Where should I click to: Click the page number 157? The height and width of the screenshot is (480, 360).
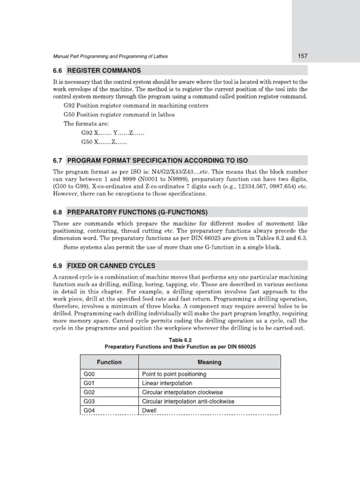click(x=302, y=56)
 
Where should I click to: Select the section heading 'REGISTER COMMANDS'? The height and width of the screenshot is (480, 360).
click(x=104, y=71)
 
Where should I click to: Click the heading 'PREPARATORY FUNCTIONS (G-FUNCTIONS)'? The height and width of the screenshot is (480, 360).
click(x=137, y=211)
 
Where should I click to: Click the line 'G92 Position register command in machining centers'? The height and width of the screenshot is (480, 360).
click(x=136, y=105)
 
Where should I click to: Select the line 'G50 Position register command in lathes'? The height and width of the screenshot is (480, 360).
click(x=119, y=115)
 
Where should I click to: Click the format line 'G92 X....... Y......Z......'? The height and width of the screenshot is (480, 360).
click(x=112, y=133)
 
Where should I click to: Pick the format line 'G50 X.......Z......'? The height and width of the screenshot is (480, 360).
click(x=104, y=142)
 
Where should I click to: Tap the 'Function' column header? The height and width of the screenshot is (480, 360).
click(x=109, y=362)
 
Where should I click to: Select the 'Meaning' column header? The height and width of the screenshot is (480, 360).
click(x=210, y=362)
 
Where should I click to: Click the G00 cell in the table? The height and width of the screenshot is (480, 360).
click(x=90, y=375)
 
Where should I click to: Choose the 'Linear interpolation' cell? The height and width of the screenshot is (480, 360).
click(x=167, y=383)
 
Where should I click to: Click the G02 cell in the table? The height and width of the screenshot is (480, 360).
click(x=90, y=392)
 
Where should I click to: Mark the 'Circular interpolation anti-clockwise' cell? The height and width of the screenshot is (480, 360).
click(x=187, y=402)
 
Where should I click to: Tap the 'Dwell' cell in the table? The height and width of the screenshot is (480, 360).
click(x=149, y=411)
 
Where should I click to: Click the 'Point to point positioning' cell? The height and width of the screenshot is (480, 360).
click(x=173, y=375)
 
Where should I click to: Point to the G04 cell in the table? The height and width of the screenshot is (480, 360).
click(x=90, y=411)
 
